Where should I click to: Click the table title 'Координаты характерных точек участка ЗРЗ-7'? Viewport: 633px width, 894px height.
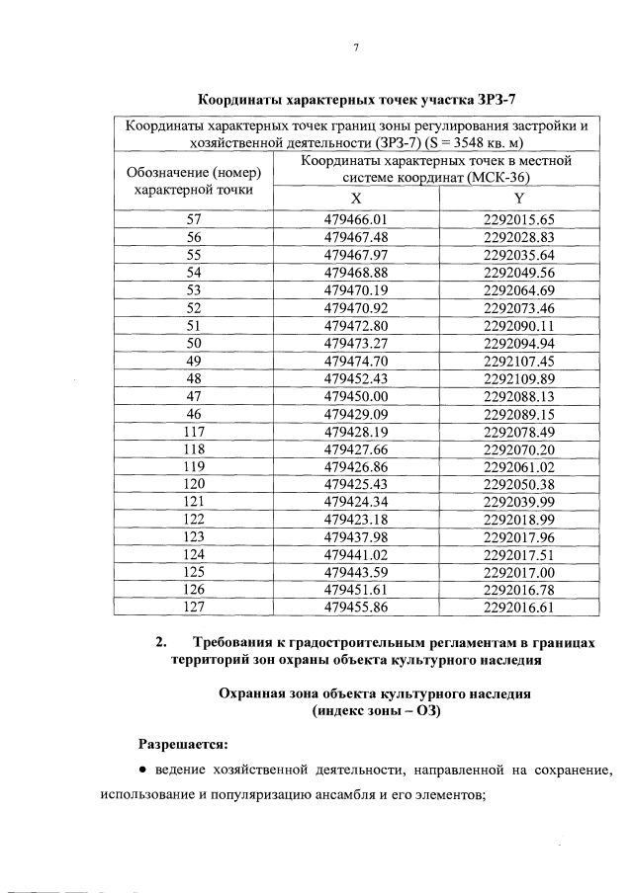(x=357, y=100)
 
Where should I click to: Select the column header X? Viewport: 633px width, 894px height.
(x=355, y=197)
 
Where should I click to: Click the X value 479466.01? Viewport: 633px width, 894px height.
(x=355, y=219)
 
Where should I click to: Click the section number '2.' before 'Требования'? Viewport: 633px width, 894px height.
(x=161, y=643)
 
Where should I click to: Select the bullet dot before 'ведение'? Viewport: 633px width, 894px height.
(x=143, y=771)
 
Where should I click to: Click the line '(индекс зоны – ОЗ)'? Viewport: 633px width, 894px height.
(x=375, y=710)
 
